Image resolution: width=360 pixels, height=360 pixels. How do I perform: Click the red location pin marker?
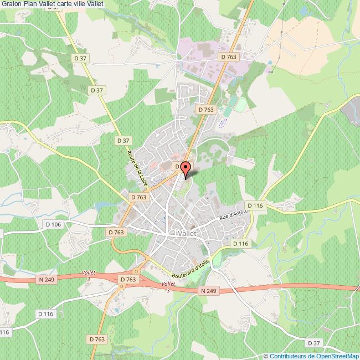(186, 168)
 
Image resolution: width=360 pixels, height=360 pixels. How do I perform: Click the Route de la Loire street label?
(138, 167)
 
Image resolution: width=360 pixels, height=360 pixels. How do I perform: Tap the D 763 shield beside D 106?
(116, 232)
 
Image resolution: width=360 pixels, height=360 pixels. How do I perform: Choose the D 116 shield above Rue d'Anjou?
(255, 205)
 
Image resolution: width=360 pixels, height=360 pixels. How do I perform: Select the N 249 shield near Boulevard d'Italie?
(208, 290)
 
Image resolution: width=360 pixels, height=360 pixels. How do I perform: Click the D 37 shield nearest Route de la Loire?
(124, 141)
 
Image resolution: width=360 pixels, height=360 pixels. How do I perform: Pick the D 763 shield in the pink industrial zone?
(228, 56)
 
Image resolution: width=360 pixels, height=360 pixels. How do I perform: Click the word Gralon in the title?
(11, 6)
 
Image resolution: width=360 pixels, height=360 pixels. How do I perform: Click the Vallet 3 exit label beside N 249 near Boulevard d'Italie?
(168, 286)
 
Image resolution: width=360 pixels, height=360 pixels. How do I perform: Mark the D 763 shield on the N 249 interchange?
(128, 280)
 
